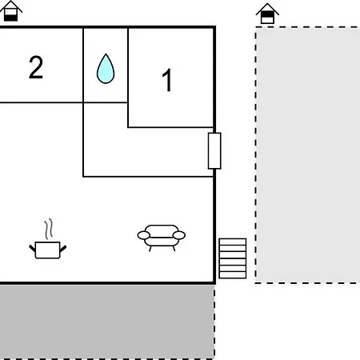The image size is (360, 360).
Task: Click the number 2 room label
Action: click(36, 67)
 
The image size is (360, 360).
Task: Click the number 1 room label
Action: click(167, 80)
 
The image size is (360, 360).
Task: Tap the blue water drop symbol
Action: click(106, 69)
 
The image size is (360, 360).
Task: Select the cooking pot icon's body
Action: click(47, 250)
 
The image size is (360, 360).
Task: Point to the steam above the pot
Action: click(49, 229)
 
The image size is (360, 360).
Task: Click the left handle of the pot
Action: click(32, 249)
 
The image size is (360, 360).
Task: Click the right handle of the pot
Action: click(63, 249)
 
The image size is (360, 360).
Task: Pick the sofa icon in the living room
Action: click(162, 238)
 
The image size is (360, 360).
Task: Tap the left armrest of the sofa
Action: click(144, 235)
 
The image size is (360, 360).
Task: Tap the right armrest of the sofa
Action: click(179, 235)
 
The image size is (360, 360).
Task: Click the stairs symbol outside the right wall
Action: click(233, 258)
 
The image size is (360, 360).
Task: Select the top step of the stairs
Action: click(233, 242)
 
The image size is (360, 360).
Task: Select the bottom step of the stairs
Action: click(233, 275)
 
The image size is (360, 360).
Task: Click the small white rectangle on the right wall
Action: click(214, 150)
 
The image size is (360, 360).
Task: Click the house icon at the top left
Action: click(10, 11)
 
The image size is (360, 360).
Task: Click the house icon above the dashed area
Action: click(267, 14)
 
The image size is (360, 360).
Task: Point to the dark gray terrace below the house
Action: click(107, 322)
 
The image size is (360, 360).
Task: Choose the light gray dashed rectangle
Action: click(308, 155)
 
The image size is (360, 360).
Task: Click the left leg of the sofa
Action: click(150, 249)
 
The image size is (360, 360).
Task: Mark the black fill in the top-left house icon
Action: click(10, 18)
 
